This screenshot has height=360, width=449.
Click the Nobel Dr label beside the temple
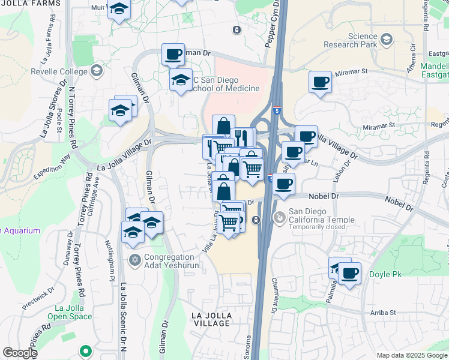pos(325,196)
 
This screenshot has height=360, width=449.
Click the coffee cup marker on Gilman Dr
pos(173,54)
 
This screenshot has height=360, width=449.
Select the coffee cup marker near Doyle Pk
pos(349,273)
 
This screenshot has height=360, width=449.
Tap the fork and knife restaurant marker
pos(243,137)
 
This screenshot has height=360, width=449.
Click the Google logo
pos(20,353)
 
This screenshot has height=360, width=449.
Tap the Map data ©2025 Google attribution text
pos(412,355)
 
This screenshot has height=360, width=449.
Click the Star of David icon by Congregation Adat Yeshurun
pos(135,260)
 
